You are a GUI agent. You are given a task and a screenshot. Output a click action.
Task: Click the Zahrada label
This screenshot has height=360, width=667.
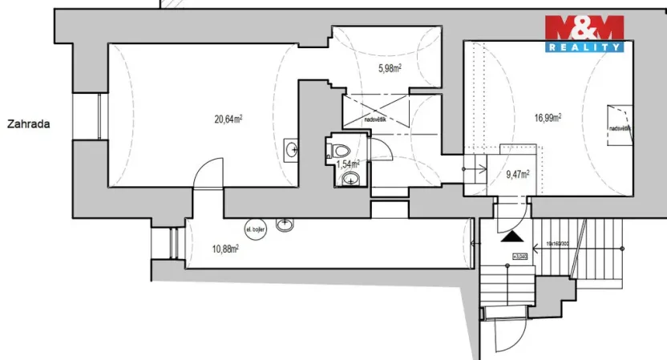29,124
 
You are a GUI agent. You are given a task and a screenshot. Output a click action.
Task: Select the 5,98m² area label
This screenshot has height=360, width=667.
390,68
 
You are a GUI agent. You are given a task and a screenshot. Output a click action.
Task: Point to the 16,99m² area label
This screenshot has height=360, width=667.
548,117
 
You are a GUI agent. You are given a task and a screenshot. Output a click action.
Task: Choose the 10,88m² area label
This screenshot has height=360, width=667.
224,249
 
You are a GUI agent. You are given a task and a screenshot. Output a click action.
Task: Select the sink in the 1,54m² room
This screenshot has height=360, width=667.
350,180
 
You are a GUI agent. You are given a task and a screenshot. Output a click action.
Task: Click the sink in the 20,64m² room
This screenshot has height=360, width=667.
293,148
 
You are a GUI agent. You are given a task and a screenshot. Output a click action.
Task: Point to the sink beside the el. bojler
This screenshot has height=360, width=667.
285,225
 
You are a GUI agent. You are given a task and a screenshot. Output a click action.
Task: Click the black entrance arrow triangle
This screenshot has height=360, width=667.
509,237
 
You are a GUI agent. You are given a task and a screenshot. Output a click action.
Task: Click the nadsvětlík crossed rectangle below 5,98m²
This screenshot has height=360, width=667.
375,111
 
